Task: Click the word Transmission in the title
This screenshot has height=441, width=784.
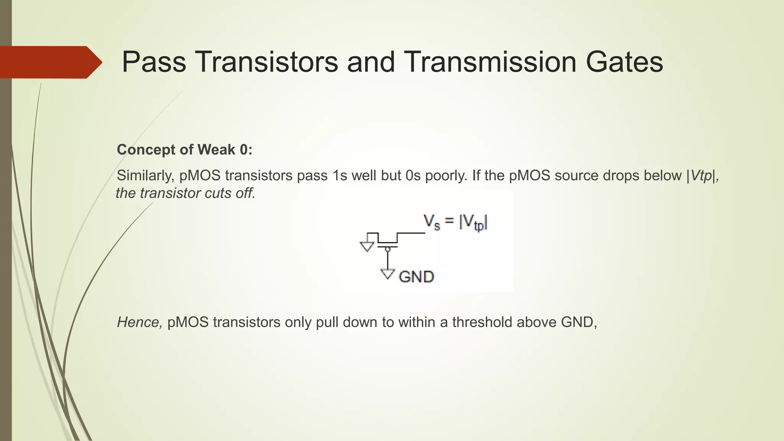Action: click(490, 62)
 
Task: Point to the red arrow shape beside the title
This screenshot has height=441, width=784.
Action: click(50, 62)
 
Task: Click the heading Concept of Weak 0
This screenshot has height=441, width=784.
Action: click(185, 150)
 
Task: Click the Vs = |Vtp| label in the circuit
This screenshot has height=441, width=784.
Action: click(456, 222)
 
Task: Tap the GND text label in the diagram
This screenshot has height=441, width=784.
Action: click(416, 277)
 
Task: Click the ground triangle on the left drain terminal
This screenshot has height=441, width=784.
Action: click(367, 246)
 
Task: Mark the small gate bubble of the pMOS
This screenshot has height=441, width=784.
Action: click(387, 249)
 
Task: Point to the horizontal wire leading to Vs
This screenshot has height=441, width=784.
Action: click(411, 233)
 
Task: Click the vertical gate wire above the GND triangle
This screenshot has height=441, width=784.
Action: click(387, 260)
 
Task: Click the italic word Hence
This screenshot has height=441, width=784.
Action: click(139, 322)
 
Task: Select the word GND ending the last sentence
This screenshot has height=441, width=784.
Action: click(577, 322)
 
